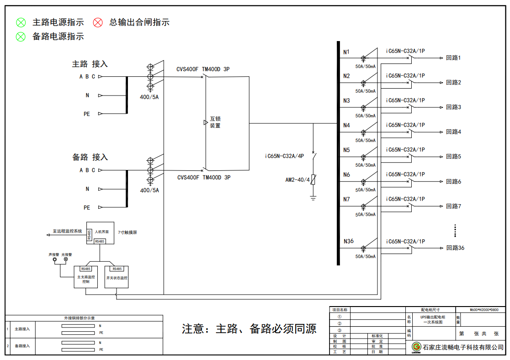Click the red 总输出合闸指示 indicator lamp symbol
[x=98, y=22]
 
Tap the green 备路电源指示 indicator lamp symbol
[x=21, y=37]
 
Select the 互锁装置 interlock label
[x=215, y=122]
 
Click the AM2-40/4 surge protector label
[x=297, y=180]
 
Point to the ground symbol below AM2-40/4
[x=313, y=198]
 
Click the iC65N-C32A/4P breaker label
[x=284, y=156]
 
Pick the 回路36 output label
[x=455, y=248]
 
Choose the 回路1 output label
[x=453, y=58]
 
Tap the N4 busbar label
[x=346, y=125]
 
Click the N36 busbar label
[x=348, y=241]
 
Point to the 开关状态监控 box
[x=117, y=277]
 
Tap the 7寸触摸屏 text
[x=127, y=233]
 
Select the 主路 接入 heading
[x=90, y=64]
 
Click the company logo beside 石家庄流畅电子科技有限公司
[x=416, y=347]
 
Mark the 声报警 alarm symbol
[x=55, y=260]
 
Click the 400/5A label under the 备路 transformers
[x=149, y=190]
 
